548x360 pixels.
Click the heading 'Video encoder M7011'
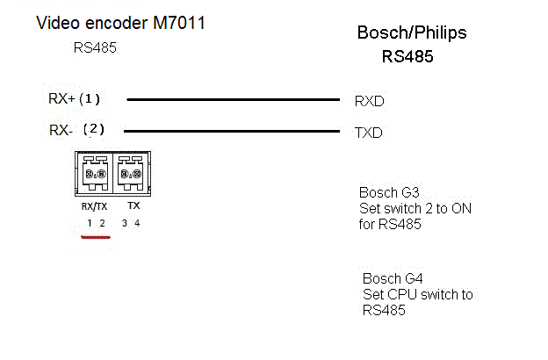click(120, 23)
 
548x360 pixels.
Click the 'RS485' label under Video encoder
click(95, 48)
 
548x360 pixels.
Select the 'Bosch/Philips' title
click(411, 33)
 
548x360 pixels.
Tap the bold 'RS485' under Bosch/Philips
click(407, 57)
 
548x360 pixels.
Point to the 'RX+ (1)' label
click(75, 99)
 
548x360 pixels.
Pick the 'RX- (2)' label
click(76, 130)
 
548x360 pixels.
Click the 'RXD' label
click(369, 101)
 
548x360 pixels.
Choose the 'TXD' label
click(368, 133)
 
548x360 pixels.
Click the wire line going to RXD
click(233, 99)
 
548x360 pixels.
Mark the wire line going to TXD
click(233, 132)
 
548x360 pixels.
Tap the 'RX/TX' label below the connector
click(94, 205)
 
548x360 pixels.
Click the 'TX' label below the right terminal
click(133, 205)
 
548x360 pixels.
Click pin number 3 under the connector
click(125, 224)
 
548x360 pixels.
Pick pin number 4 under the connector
click(137, 224)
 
